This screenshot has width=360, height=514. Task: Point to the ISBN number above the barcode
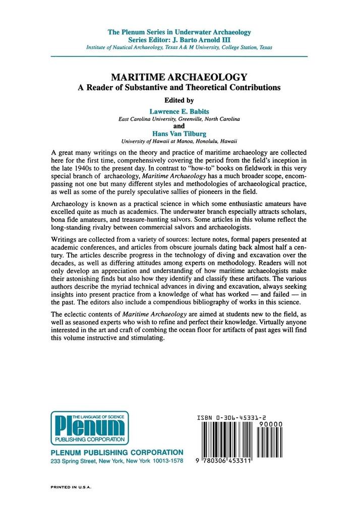pos(240,418)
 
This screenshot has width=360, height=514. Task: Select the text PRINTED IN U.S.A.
pos(74,488)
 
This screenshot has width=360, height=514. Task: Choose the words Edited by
pos(179,100)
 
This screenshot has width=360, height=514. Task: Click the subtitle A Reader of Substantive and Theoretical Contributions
pos(179,87)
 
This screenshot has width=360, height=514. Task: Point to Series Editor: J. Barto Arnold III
pos(179,39)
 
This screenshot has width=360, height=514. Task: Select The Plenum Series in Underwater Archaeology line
pos(179,32)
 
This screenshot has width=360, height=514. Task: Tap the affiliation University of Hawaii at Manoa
pos(179,142)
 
